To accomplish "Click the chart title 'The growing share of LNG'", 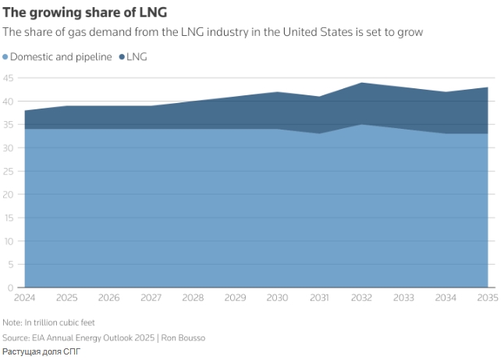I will click(84, 12).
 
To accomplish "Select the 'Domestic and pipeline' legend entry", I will click(61, 57).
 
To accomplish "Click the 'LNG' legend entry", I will click(137, 57).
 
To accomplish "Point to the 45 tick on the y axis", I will click(9, 78).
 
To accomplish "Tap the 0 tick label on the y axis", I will click(11, 287).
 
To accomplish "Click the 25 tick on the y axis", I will click(9, 171).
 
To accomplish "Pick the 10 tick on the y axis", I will click(9, 241).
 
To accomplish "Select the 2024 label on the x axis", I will click(25, 298).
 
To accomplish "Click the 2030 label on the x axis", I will click(277, 298).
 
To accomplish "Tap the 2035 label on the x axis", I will click(487, 298).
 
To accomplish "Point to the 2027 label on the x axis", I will click(151, 298).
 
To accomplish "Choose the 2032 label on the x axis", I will click(361, 298).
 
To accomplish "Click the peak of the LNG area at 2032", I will click(361, 83).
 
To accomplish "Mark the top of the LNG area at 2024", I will click(25, 111).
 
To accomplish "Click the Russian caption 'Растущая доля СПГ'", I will click(41, 352).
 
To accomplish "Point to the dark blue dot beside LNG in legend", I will click(122, 57).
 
